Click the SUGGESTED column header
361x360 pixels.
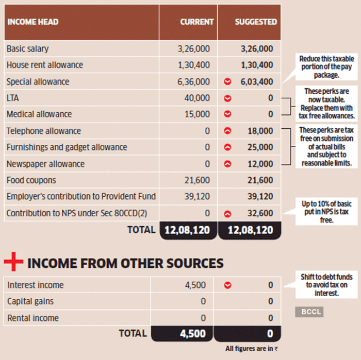(256, 22)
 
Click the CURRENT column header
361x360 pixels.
(196, 22)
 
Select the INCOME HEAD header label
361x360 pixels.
(32, 22)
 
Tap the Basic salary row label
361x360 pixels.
(27, 48)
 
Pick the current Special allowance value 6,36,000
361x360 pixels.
(193, 81)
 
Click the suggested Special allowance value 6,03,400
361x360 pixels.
(256, 81)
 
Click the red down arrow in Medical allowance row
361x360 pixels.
(227, 114)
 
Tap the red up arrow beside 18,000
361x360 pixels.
(227, 131)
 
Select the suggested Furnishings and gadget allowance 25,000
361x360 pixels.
(260, 147)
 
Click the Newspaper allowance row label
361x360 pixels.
(45, 164)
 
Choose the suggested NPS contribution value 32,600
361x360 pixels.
(260, 213)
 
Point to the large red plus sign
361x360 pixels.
(14, 263)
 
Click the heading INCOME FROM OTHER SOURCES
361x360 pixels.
(125, 263)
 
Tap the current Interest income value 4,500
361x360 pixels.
(196, 285)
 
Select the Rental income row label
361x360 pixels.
(33, 318)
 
